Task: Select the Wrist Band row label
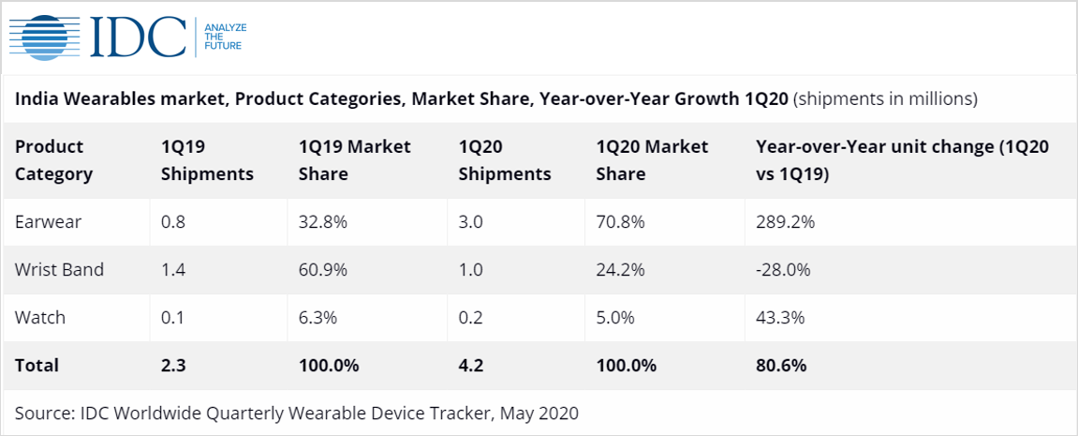[59, 270]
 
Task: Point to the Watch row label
[40, 318]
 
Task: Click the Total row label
[37, 366]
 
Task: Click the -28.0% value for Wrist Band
[782, 270]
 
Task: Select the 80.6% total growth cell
[781, 366]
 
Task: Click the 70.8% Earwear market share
[620, 222]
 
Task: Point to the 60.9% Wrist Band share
[323, 270]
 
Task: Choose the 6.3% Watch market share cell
[318, 318]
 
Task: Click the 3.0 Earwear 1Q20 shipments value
[471, 222]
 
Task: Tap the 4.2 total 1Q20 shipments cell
[471, 366]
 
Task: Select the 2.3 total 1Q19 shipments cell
[173, 366]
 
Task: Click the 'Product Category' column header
[54, 160]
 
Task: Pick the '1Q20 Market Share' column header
[652, 160]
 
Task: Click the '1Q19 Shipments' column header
[207, 160]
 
